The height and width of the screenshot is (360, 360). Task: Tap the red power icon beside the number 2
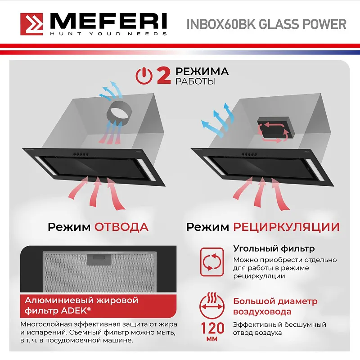coord(144,76)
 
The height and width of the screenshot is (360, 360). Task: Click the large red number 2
coord(163,76)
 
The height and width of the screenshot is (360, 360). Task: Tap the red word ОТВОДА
coord(121,226)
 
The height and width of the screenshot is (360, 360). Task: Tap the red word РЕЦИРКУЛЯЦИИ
coord(286,226)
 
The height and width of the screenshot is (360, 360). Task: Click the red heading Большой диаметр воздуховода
coord(275,306)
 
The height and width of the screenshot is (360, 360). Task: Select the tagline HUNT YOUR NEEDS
coord(108,34)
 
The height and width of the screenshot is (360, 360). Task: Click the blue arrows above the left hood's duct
coord(110,90)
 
